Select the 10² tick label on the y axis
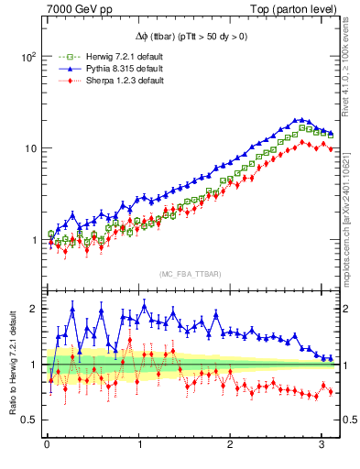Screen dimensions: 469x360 pyautogui.click(x=27, y=56)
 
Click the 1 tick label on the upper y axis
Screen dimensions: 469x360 pyautogui.click(x=32, y=241)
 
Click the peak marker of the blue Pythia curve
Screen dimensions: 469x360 pyautogui.click(x=298, y=119)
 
